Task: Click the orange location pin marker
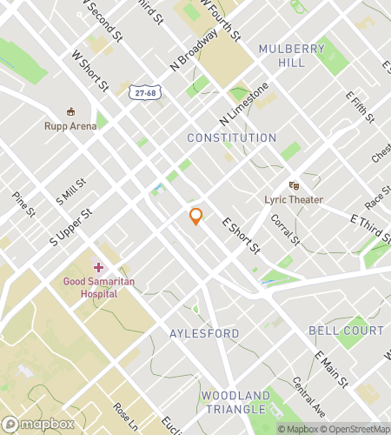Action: click(196, 217)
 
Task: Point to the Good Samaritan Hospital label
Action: click(97, 287)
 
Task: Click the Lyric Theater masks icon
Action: click(294, 185)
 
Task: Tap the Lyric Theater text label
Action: click(294, 199)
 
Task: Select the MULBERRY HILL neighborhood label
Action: click(291, 56)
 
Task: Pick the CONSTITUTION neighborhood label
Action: click(232, 138)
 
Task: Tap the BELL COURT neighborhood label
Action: click(346, 331)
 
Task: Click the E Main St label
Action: click(331, 369)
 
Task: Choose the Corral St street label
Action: click(285, 231)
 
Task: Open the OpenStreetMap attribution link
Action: click(355, 429)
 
